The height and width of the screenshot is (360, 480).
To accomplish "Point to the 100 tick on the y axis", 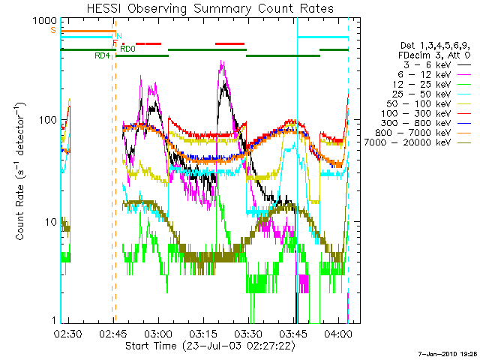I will pos(46,120).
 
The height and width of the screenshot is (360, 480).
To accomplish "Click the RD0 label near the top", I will pos(128,49).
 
